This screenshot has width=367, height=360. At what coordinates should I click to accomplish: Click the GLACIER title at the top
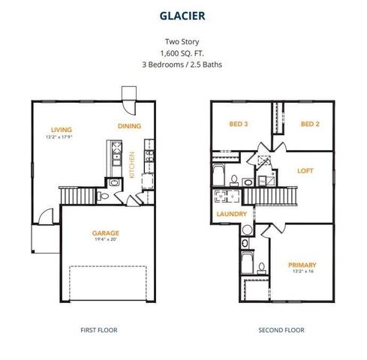184,14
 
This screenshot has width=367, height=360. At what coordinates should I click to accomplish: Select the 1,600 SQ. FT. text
184,53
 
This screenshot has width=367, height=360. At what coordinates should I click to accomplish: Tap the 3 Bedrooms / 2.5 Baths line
184,64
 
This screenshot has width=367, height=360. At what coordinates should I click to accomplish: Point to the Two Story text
184,42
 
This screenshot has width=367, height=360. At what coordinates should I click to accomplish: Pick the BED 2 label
311,124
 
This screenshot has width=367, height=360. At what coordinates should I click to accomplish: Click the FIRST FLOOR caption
98,330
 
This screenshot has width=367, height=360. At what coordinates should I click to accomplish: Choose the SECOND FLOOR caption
281,330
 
